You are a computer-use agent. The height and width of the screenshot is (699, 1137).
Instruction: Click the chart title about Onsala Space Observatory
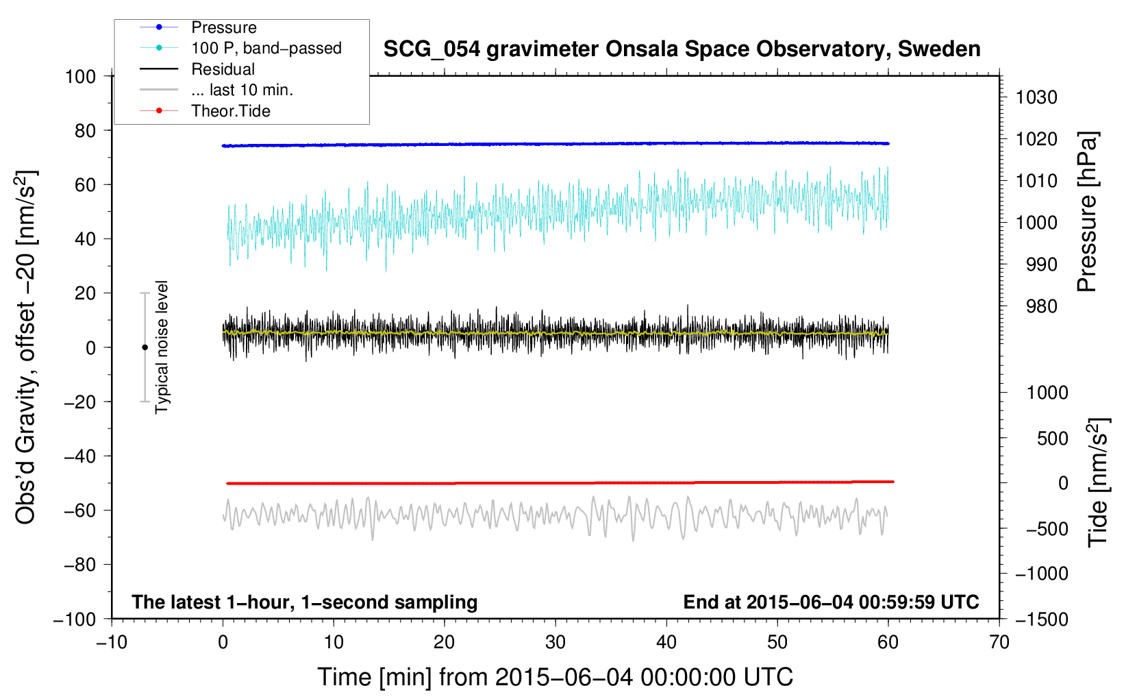point(682,49)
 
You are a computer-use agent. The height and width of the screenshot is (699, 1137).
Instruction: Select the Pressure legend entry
point(223,27)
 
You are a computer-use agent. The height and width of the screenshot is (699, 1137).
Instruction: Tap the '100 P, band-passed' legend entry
point(266,48)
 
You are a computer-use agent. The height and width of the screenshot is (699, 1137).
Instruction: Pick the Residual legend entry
point(223,69)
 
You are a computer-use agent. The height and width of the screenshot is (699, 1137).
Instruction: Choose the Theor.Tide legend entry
point(230,111)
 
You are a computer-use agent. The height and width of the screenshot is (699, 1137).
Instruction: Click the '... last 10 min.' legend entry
point(242,90)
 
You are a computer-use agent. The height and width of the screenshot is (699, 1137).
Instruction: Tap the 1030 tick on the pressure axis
point(1036,97)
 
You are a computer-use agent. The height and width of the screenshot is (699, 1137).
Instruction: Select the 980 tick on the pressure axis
point(1041,306)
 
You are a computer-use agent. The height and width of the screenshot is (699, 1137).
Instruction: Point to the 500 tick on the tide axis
point(1052,438)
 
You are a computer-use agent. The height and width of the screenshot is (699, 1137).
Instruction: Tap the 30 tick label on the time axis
point(555,642)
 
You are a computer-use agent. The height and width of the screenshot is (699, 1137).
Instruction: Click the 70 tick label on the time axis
point(999,642)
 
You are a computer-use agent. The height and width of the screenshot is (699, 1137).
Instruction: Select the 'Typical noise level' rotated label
point(162,347)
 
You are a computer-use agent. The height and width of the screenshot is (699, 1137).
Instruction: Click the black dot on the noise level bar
point(145,347)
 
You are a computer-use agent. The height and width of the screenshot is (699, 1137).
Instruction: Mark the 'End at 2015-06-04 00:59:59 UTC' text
point(831,602)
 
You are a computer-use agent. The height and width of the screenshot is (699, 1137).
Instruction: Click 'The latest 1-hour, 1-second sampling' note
point(304,602)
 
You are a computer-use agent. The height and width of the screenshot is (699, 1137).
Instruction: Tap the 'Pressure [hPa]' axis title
point(1087,212)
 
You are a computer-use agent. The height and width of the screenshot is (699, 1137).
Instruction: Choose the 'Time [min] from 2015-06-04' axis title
point(555,677)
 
